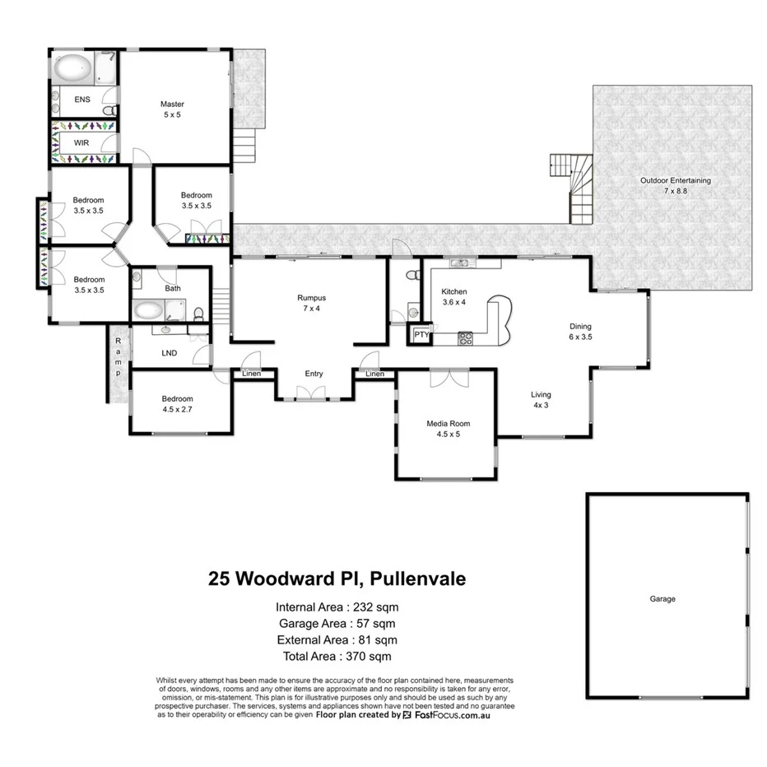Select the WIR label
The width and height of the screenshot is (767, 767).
coord(81,142)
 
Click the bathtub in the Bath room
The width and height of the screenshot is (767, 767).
coord(151,310)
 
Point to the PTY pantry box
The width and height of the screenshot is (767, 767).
coord(421,335)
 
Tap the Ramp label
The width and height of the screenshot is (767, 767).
coord(118,357)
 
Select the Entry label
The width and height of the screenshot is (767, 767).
coord(314,374)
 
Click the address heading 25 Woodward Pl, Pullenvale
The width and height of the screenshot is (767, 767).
coord(337,579)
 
